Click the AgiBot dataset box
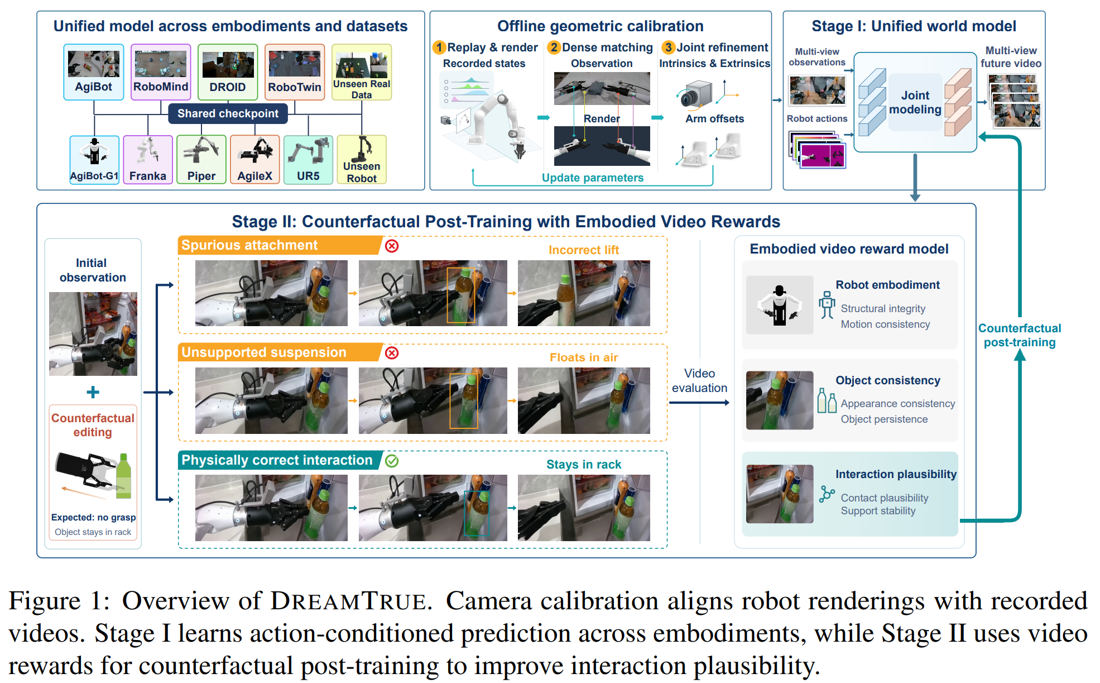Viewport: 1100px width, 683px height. click(94, 72)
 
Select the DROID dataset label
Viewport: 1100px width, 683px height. click(228, 87)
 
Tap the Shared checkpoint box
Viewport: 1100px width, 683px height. click(228, 113)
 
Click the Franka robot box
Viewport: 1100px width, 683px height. click(148, 160)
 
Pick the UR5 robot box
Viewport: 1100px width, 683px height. click(308, 160)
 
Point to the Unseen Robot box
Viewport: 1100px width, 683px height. click(362, 160)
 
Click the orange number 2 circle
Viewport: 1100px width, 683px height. click(554, 47)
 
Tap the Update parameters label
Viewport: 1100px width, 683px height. click(593, 178)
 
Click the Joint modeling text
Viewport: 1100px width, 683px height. click(915, 102)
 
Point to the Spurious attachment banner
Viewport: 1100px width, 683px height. click(279, 245)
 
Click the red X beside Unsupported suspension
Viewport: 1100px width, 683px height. click(392, 353)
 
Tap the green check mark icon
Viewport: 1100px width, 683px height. click(392, 461)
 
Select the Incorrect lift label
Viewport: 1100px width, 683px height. click(584, 250)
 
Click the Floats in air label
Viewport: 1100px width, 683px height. click(584, 357)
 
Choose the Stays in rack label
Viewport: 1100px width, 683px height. click(584, 465)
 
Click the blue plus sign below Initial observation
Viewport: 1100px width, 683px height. click(93, 392)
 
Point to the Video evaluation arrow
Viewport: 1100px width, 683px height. click(699, 403)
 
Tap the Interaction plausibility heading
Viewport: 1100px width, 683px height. click(896, 474)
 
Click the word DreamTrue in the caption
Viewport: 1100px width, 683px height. click(349, 601)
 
